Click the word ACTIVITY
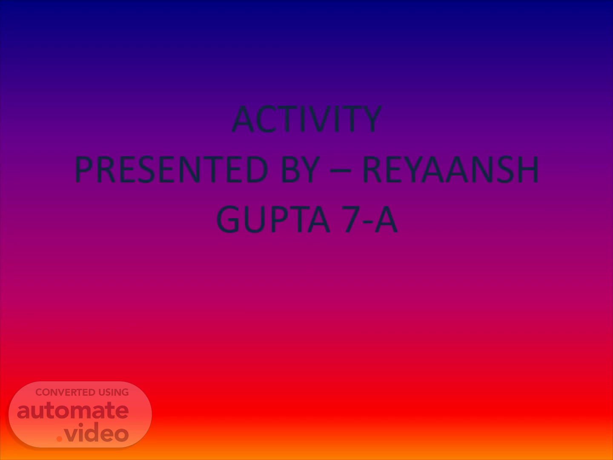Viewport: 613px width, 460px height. coord(306,119)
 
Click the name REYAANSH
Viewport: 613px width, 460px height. coord(450,170)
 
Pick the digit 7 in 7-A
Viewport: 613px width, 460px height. coord(352,219)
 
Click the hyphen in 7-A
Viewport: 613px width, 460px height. coord(369,222)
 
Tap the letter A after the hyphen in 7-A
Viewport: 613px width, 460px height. coord(386,219)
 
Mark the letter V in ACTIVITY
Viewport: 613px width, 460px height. coord(320,119)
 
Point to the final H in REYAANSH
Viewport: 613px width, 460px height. coord(528,170)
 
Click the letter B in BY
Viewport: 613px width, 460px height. coord(290,170)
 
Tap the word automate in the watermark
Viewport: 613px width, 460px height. coord(73,411)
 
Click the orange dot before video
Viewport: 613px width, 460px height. coord(59,439)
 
